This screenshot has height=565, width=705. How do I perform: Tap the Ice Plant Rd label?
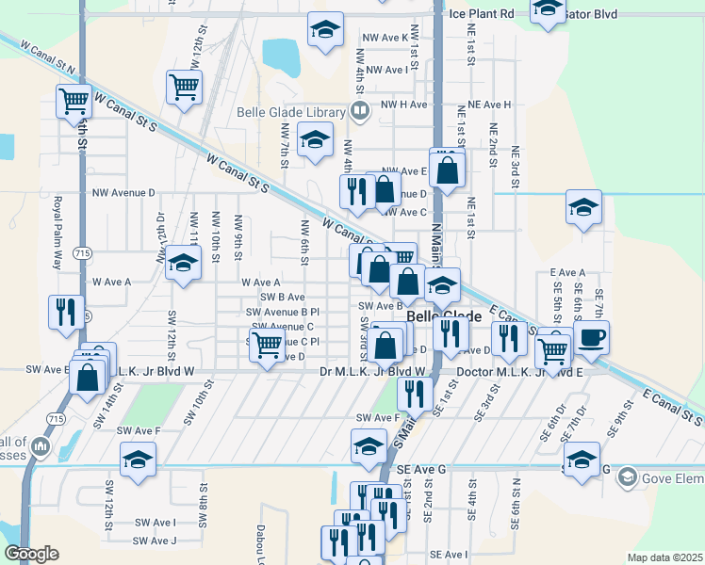point(481,14)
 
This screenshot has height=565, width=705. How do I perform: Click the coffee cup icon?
point(592,338)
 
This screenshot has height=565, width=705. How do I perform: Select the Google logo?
point(31,554)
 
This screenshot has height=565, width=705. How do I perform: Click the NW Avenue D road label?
point(123,192)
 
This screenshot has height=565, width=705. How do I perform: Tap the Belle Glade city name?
point(444,317)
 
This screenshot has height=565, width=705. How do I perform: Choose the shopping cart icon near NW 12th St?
point(184,87)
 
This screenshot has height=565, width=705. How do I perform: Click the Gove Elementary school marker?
point(626,478)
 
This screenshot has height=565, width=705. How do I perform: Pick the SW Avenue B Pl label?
point(283,312)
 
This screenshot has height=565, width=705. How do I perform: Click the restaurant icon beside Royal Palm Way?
point(65,312)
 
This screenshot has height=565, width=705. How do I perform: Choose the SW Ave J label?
point(155,541)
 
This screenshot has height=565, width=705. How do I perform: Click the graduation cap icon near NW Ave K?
point(325,30)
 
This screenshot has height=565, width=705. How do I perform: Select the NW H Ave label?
point(404,105)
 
